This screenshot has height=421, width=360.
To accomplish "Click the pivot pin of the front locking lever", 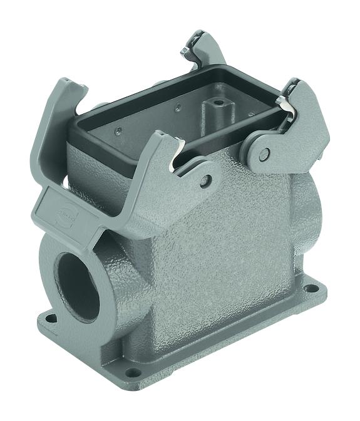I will (x=205, y=182).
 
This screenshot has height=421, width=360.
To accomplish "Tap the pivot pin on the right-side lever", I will (x=265, y=153).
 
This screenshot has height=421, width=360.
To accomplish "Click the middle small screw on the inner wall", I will (x=178, y=108).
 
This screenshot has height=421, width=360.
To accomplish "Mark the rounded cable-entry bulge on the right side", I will (x=312, y=207).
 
